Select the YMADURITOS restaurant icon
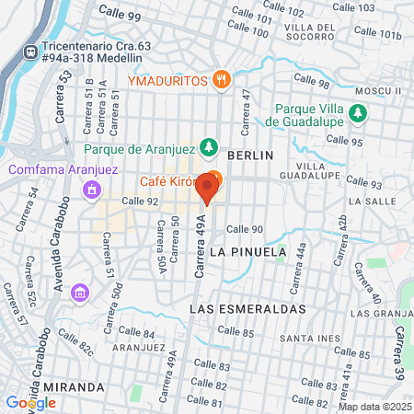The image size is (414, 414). (x=220, y=80)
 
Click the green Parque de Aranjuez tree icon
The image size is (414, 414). (x=211, y=147)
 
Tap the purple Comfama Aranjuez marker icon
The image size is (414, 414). (x=117, y=190)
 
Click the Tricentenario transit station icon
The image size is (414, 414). (x=32, y=52)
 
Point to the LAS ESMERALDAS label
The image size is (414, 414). (x=247, y=310)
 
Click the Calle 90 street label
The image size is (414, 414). (x=245, y=229)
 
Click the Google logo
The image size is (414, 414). (x=30, y=402)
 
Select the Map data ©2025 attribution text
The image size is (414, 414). (x=374, y=406)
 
